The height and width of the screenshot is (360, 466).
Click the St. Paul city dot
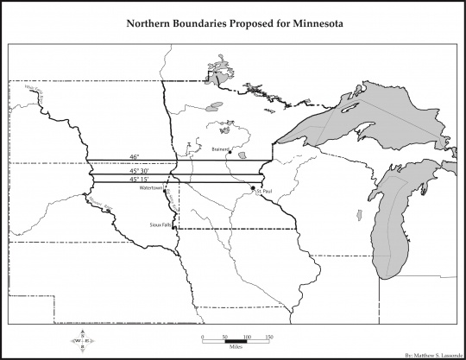coord(252,187)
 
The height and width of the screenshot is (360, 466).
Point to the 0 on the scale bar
coord(201,337)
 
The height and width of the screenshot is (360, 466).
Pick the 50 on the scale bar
coord(224,337)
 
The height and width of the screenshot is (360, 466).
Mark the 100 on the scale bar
coord(246,337)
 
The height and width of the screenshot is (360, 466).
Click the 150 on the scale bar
coord(268,337)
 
